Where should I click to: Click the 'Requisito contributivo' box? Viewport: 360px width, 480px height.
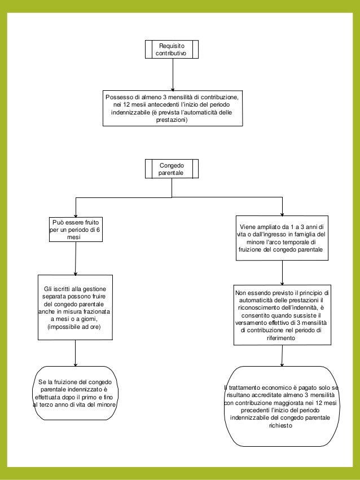click(172, 49)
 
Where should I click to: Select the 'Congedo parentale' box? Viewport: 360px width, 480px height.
click(172, 169)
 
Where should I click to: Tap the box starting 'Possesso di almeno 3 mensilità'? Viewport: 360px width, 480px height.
click(172, 108)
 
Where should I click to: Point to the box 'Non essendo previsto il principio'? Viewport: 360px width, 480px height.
click(282, 315)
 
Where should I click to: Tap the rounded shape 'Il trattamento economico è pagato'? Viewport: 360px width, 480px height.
click(282, 407)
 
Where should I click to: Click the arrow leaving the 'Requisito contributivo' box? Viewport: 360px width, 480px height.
click(172, 73)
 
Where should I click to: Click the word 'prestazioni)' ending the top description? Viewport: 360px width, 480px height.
click(172, 120)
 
